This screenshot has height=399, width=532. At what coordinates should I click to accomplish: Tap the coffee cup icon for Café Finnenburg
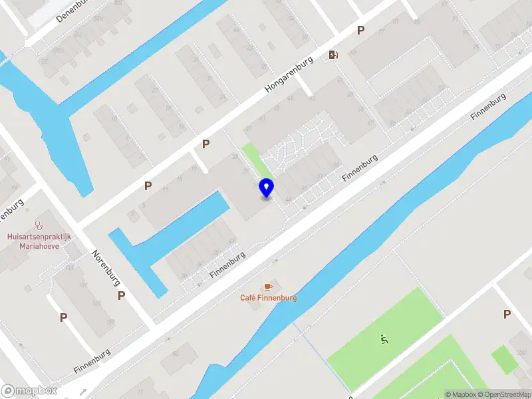(268, 286)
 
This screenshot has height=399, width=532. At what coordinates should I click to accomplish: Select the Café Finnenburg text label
(268, 298)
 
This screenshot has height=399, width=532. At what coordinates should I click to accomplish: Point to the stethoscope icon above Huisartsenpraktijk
(39, 225)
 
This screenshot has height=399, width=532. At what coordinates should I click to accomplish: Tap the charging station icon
(332, 55)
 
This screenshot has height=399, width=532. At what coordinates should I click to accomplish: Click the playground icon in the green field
(383, 339)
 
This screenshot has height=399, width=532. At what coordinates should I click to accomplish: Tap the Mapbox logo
(30, 391)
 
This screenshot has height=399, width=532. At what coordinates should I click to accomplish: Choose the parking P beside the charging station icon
(360, 30)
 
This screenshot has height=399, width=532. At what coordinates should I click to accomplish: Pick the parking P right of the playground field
(507, 314)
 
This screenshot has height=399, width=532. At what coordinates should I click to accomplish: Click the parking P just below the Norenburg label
(121, 295)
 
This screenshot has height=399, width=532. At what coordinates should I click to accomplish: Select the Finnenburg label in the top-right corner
(488, 106)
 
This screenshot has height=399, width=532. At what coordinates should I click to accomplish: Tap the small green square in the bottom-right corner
(504, 359)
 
